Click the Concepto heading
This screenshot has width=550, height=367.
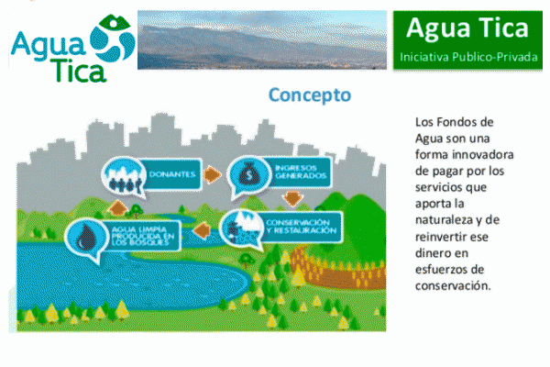(310, 95)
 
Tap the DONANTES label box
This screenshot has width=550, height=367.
(172, 174)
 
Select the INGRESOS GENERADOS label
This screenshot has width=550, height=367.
(301, 172)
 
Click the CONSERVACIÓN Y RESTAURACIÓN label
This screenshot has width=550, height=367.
(301, 227)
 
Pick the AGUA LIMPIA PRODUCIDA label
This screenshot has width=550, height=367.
(143, 235)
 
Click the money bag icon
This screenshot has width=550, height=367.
(248, 174)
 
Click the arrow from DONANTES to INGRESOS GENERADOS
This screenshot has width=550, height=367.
(213, 174)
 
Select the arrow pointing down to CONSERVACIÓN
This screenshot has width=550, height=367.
(293, 199)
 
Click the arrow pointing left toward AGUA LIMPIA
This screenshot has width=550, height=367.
(203, 230)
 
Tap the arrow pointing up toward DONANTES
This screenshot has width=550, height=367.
(118, 208)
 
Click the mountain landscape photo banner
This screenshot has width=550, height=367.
(262, 39)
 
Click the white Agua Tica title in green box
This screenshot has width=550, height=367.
(467, 28)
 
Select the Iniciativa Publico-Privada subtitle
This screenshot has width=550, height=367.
(468, 57)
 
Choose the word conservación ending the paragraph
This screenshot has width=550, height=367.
(453, 286)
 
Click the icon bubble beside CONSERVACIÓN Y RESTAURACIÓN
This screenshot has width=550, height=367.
(241, 229)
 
